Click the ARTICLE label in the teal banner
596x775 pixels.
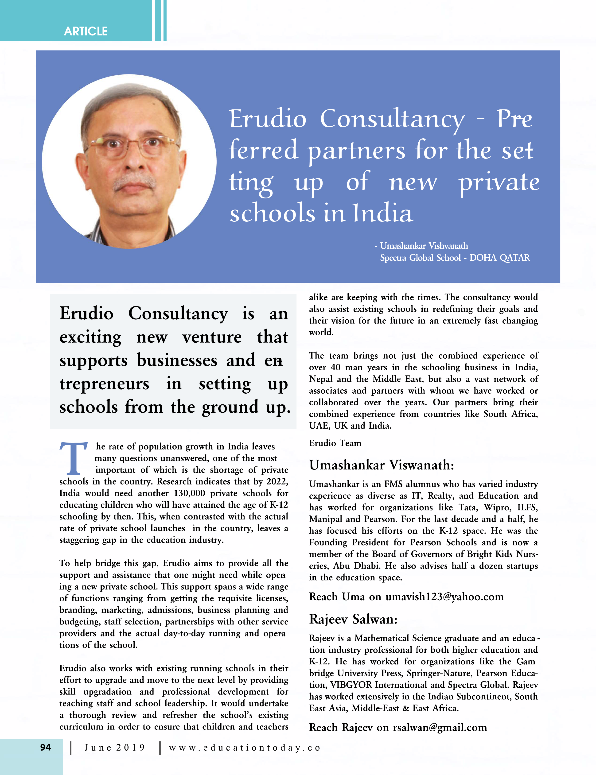86,31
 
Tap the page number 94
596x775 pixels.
45,747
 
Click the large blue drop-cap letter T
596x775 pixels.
74,458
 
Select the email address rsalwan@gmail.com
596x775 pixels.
440,728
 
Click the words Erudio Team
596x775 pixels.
335,443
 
